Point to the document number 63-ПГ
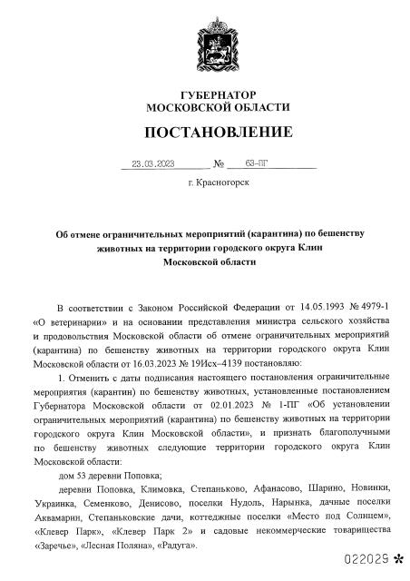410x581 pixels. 257,165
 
